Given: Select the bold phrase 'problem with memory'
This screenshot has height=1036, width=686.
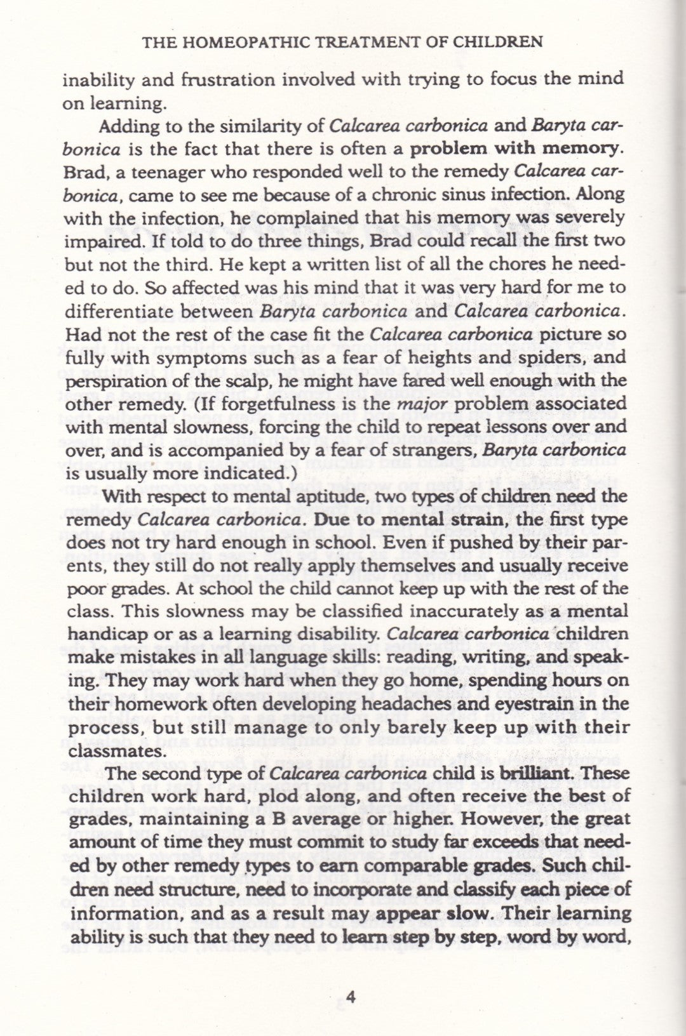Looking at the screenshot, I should (514, 149).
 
